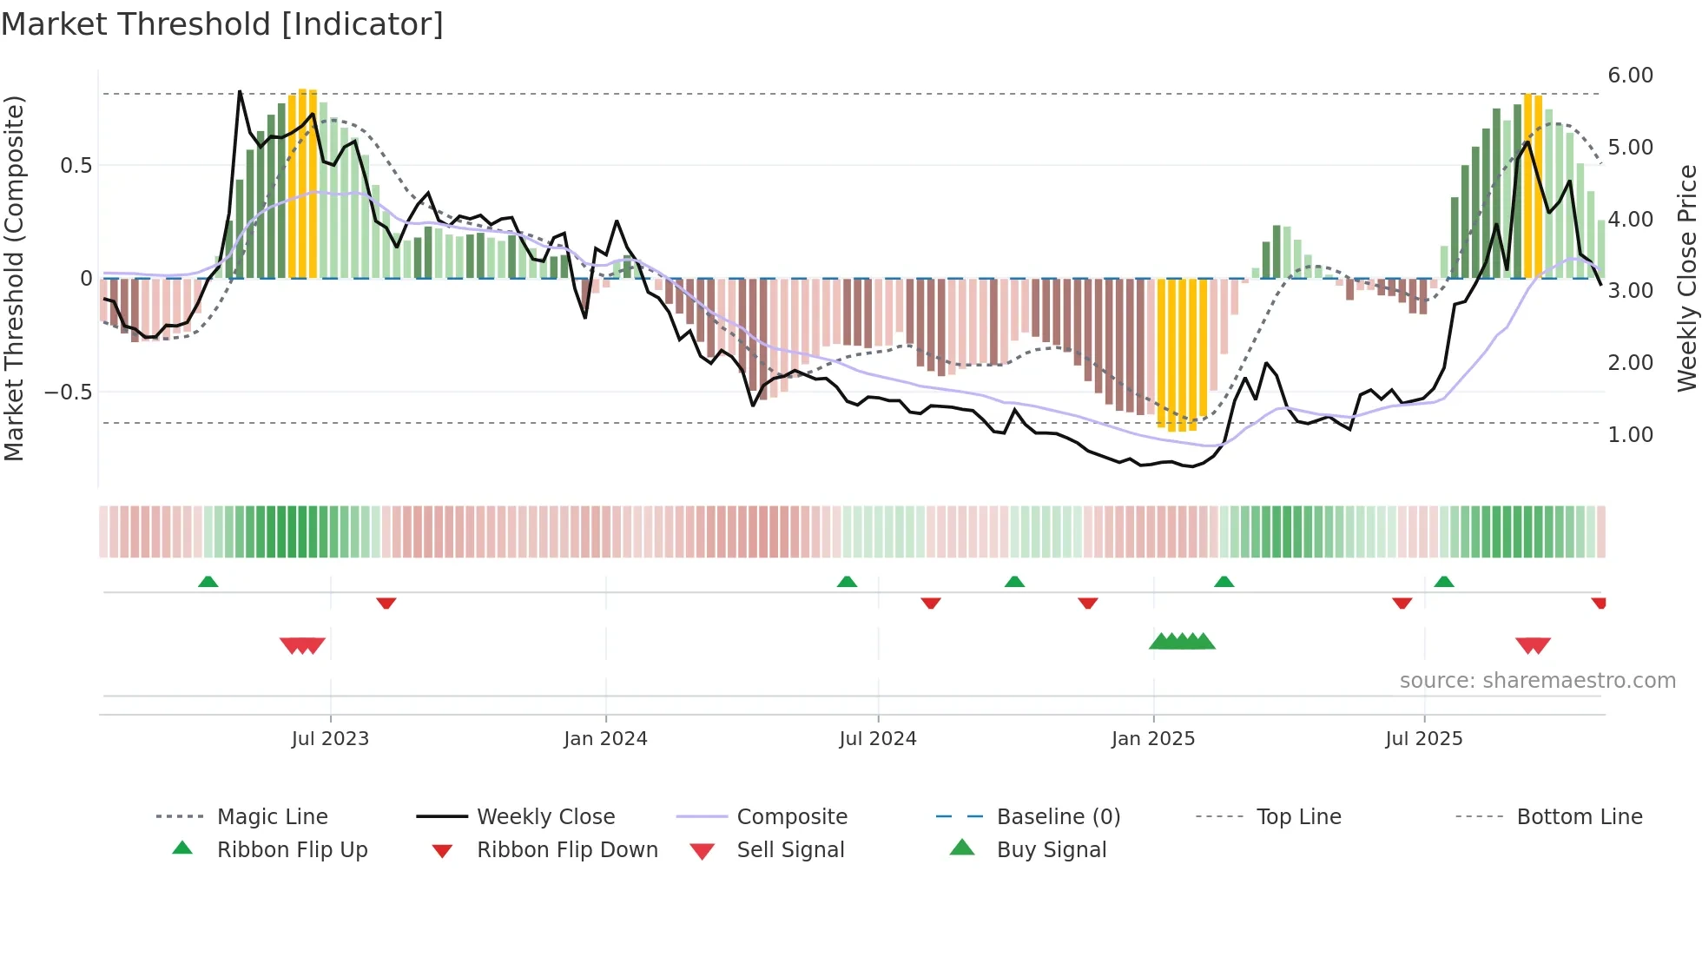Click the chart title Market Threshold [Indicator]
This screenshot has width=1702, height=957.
[222, 24]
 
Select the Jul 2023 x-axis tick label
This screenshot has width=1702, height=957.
[330, 739]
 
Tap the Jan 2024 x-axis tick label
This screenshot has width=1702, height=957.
[605, 739]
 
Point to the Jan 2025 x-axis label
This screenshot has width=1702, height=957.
[1153, 739]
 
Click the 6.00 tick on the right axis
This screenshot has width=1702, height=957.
[1630, 76]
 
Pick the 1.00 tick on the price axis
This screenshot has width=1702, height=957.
[1630, 435]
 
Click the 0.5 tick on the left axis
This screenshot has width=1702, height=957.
[76, 166]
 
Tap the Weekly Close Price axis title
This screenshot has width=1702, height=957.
[1686, 278]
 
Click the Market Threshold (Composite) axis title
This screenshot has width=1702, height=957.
[14, 278]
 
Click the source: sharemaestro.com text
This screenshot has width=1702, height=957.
[1537, 681]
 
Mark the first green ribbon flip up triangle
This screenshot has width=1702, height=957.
[208, 582]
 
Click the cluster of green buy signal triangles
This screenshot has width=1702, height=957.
[1182, 642]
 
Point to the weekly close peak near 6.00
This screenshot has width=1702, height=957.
[240, 92]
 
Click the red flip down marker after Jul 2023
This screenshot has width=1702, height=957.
[386, 603]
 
